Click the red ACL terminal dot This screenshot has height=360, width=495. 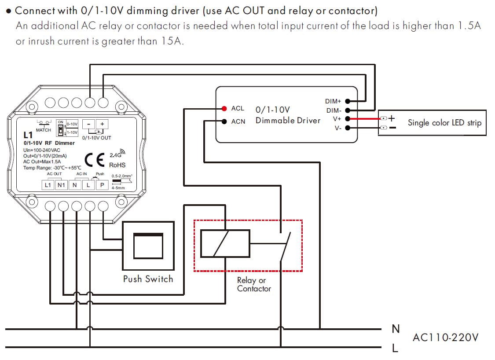224,108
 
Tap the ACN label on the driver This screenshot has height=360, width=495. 238,121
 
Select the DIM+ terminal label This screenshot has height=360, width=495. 333,102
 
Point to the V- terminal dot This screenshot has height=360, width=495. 348,128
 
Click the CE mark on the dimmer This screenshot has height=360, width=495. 95,160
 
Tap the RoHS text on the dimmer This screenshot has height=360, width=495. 117,165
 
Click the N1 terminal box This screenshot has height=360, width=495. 61,185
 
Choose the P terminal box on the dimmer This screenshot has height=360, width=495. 102,185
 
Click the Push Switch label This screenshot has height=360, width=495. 148,279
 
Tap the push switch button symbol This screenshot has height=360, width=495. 148,246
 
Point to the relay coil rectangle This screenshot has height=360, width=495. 225,243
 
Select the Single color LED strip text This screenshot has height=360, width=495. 444,123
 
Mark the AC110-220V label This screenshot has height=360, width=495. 445,338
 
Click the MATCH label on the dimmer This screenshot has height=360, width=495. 44,130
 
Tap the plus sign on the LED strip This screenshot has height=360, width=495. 391,118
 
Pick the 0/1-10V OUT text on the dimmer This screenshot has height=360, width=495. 97,138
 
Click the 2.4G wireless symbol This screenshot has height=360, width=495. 117,154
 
